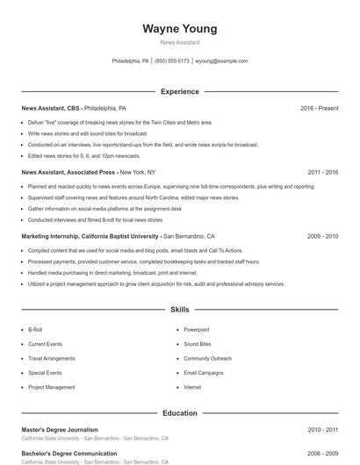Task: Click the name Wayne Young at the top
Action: click(x=179, y=29)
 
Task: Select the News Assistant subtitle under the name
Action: click(x=179, y=42)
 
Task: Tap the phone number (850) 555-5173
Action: click(x=171, y=61)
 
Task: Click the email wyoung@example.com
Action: click(x=221, y=61)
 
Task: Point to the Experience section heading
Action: click(x=179, y=91)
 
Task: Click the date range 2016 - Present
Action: click(x=319, y=108)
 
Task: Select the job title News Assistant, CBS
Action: click(x=50, y=108)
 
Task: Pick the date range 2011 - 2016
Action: click(x=322, y=172)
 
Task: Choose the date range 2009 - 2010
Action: click(x=322, y=236)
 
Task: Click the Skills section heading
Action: click(x=179, y=310)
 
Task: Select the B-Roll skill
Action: click(x=35, y=330)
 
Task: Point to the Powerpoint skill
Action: click(x=196, y=330)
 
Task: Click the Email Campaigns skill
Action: click(x=204, y=373)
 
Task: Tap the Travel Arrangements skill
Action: click(x=52, y=359)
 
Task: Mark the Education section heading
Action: click(x=179, y=412)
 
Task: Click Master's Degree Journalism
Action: click(x=60, y=430)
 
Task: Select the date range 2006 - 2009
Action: click(x=322, y=454)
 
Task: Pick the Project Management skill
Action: click(x=52, y=387)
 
